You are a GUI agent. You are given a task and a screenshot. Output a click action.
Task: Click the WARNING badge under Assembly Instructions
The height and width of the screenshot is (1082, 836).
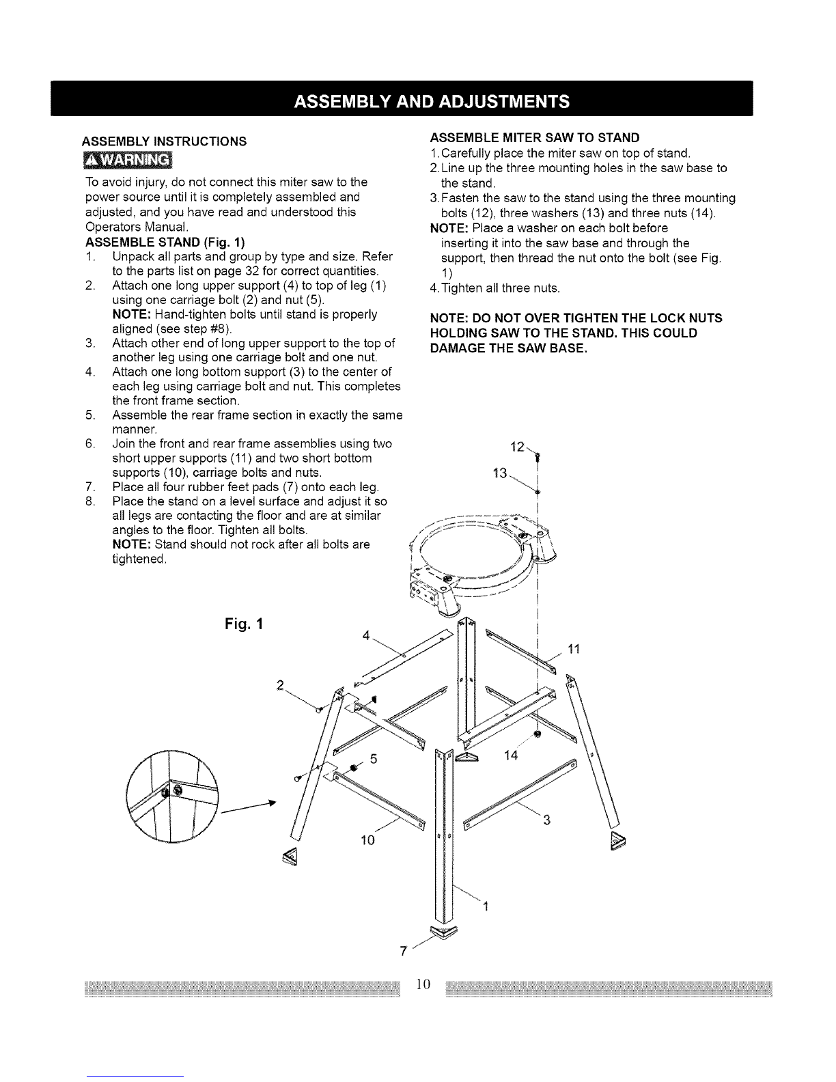coord(128,160)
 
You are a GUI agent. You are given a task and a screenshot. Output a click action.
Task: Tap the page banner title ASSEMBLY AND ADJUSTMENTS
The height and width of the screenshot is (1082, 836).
coord(431,102)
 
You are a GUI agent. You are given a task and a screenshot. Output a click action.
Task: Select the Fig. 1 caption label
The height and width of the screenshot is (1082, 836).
coord(243,624)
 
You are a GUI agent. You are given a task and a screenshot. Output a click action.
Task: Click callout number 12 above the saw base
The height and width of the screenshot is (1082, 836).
coord(517,447)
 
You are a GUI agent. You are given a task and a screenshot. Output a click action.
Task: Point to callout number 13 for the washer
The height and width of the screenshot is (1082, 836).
coord(499,473)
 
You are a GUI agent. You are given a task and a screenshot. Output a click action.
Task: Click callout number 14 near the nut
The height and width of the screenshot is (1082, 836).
coord(511,755)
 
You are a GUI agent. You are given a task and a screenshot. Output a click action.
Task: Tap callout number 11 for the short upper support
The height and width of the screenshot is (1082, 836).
coord(574,649)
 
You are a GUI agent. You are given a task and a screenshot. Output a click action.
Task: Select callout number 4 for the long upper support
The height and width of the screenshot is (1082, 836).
coord(366,635)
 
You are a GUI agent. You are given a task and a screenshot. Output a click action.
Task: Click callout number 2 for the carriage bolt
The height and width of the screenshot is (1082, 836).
coord(280,686)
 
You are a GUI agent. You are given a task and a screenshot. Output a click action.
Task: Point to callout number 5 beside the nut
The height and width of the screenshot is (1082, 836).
coord(374,758)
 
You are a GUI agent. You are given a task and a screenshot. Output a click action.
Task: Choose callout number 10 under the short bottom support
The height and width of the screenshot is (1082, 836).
coord(367,840)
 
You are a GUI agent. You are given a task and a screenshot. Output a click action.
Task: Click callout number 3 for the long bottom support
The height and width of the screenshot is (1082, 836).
coord(546,820)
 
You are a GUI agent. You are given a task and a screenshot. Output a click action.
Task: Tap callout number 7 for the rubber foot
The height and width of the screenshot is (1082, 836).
coord(404,951)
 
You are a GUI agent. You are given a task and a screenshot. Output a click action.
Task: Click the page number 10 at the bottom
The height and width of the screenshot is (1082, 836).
coord(423,984)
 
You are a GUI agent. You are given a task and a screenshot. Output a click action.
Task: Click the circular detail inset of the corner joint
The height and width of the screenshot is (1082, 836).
coord(172,796)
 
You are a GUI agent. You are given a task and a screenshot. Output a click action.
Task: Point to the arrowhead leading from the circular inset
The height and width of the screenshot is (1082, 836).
coord(272,802)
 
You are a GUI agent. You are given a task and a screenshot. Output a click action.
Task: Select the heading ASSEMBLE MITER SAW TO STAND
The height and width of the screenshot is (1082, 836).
coord(535,137)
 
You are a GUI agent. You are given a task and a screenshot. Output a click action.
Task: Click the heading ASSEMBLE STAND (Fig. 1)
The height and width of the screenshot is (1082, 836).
coord(165,242)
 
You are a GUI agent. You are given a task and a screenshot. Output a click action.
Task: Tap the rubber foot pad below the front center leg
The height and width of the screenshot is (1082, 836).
coord(443,931)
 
